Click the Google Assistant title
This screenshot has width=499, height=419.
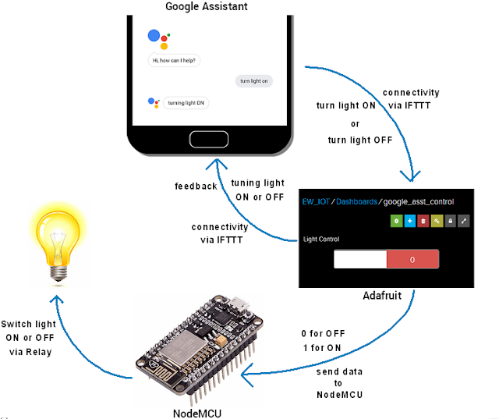point(207,6)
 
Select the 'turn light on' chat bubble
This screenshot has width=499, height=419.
point(254,81)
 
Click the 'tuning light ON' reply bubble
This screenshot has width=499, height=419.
point(186,102)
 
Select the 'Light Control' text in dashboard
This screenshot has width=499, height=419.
point(321,239)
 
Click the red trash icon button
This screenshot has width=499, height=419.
point(423,222)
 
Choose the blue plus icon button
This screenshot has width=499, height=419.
point(410,222)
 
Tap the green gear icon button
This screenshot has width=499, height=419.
point(397,222)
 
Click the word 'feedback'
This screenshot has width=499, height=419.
point(196,186)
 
